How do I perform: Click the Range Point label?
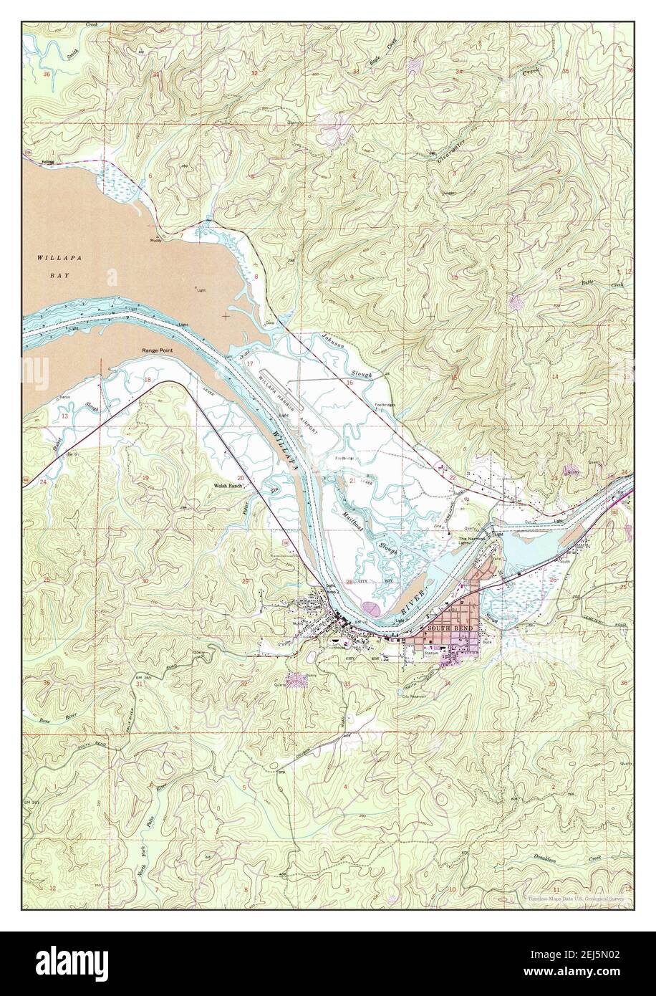coord(158,350)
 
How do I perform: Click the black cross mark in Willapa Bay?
coord(226,315)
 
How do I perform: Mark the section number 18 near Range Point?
coord(148,380)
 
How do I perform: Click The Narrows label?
coord(471,538)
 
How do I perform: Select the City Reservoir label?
coord(414,696)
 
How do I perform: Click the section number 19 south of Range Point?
coord(145,478)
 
